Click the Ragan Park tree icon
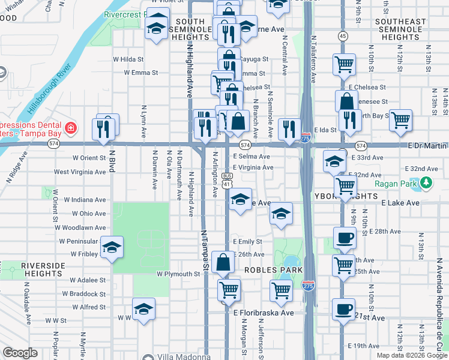(427, 183)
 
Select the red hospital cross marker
(71, 128)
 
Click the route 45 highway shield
(343, 37)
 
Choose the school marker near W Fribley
(112, 248)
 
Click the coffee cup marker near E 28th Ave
(344, 238)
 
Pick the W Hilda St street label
(128, 59)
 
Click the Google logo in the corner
(20, 353)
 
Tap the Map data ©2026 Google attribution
(411, 355)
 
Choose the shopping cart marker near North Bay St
(400, 120)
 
